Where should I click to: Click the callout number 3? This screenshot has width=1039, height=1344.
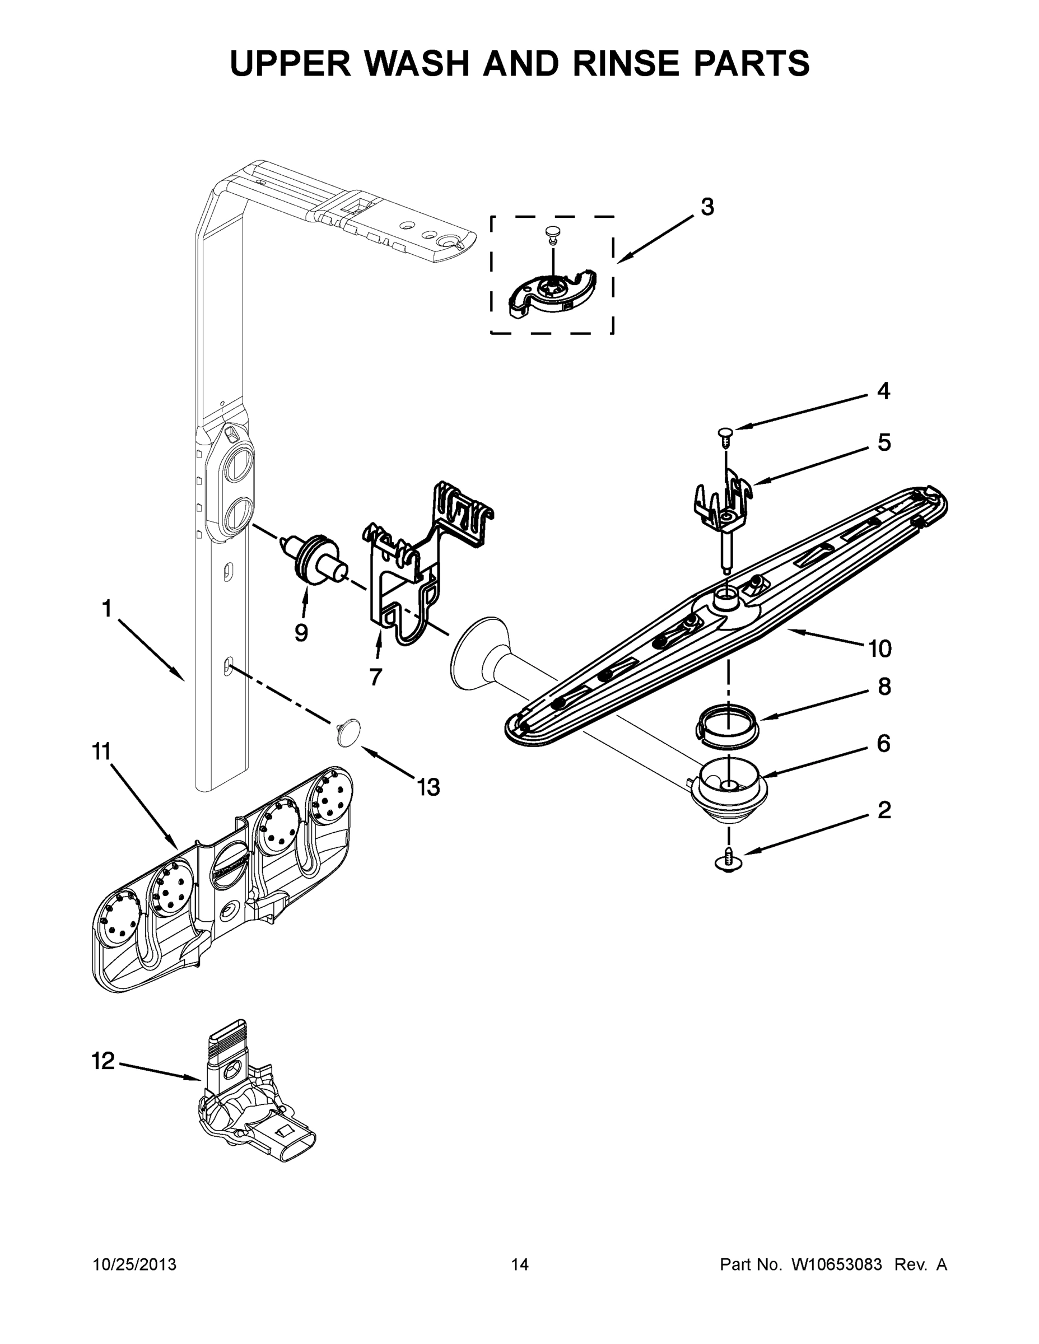click(x=707, y=207)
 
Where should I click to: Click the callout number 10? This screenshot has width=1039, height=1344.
click(x=879, y=648)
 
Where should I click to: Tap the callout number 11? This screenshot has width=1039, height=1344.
click(x=101, y=752)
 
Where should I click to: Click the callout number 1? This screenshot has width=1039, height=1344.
click(x=106, y=609)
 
